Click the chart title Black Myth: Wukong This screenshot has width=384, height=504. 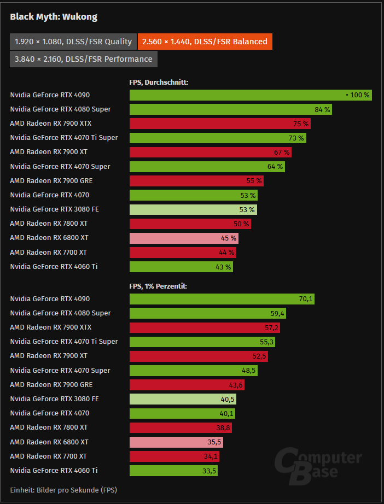pyautogui.click(x=54, y=17)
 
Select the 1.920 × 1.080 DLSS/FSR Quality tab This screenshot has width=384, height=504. pyautogui.click(x=73, y=42)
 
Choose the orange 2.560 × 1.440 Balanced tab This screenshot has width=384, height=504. pyautogui.click(x=205, y=42)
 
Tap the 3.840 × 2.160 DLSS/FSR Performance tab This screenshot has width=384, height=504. pyautogui.click(x=83, y=59)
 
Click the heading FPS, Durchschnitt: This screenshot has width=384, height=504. pyautogui.click(x=159, y=83)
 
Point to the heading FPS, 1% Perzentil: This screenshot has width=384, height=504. pyautogui.click(x=158, y=286)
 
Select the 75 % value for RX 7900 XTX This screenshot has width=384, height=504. pyautogui.click(x=301, y=124)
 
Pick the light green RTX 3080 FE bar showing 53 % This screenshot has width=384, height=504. pyautogui.click(x=193, y=209)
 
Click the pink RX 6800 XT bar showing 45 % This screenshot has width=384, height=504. pyautogui.click(x=184, y=238)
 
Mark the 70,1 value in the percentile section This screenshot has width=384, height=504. pyautogui.click(x=305, y=299)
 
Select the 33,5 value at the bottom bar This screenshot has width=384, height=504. pyautogui.click(x=208, y=471)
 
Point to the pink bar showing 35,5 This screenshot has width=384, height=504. pyautogui.click(x=176, y=442)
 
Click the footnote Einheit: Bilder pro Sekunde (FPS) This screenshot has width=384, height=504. pyautogui.click(x=63, y=490)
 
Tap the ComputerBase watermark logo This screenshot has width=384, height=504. pyautogui.click(x=318, y=465)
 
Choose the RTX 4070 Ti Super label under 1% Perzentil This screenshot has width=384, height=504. pyautogui.click(x=64, y=342)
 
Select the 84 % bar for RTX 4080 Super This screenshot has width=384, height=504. pyautogui.click(x=230, y=109)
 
